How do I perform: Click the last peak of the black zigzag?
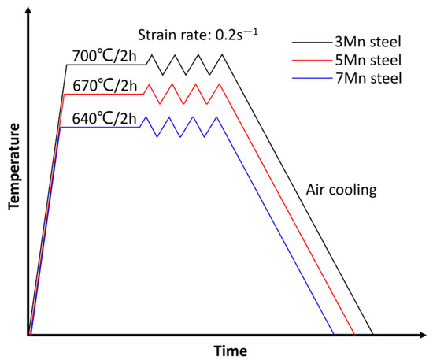tap(224, 54)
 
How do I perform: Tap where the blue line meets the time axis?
tap(335, 335)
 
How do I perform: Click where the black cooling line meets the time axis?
tap(373, 335)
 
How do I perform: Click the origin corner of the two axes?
tap(29, 335)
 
